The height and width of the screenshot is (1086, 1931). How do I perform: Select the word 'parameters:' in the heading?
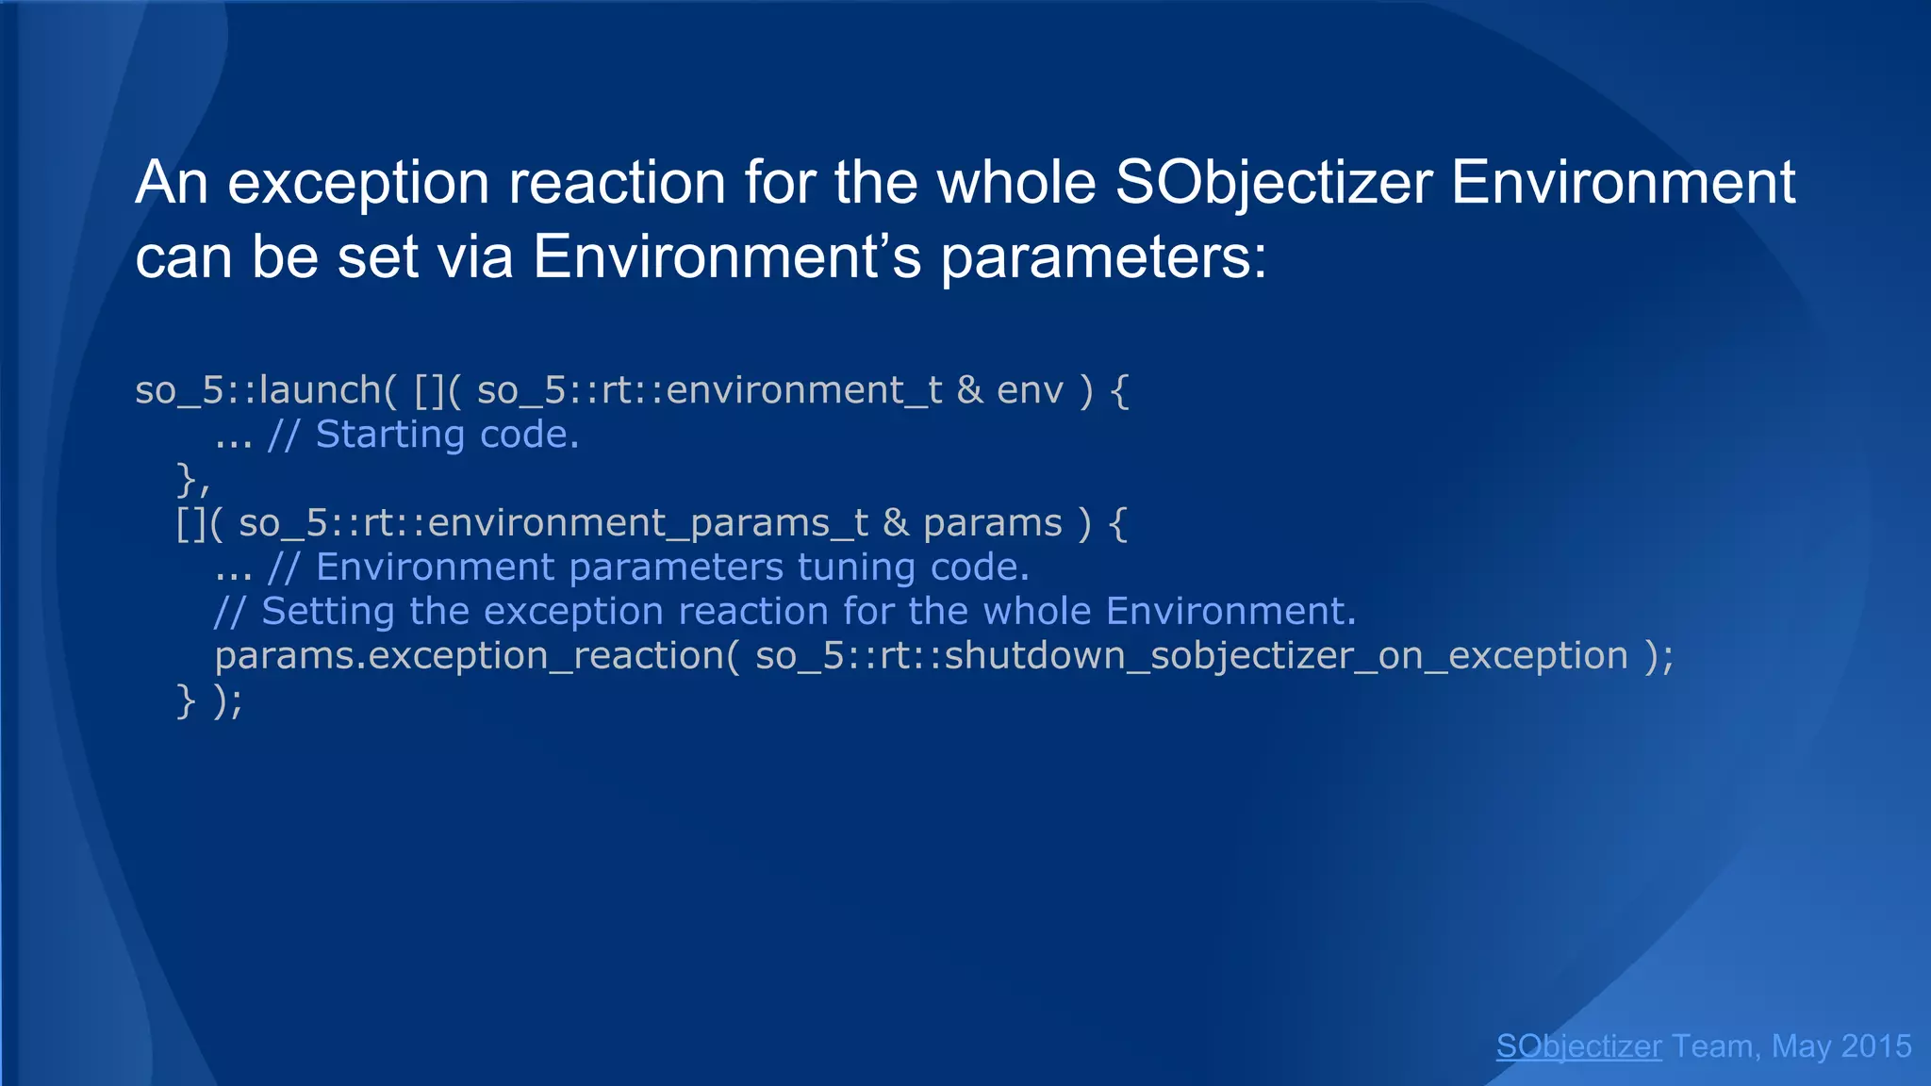pos(1103,256)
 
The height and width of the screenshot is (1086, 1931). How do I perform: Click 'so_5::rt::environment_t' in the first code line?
pos(709,390)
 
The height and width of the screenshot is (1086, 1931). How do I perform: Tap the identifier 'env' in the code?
pos(1030,390)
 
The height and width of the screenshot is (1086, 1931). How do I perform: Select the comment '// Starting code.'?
pos(423,435)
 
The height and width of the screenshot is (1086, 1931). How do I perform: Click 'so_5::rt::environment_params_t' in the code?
pos(553,523)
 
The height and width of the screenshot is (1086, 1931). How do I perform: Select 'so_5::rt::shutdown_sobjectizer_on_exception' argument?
pos(1192,656)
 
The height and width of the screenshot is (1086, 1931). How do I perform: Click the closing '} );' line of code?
pos(209,700)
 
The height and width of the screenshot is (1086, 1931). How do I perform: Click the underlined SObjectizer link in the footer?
pos(1578,1046)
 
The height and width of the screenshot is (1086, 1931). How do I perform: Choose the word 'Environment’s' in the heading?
pos(727,256)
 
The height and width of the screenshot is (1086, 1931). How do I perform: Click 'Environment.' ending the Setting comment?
pos(1230,612)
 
